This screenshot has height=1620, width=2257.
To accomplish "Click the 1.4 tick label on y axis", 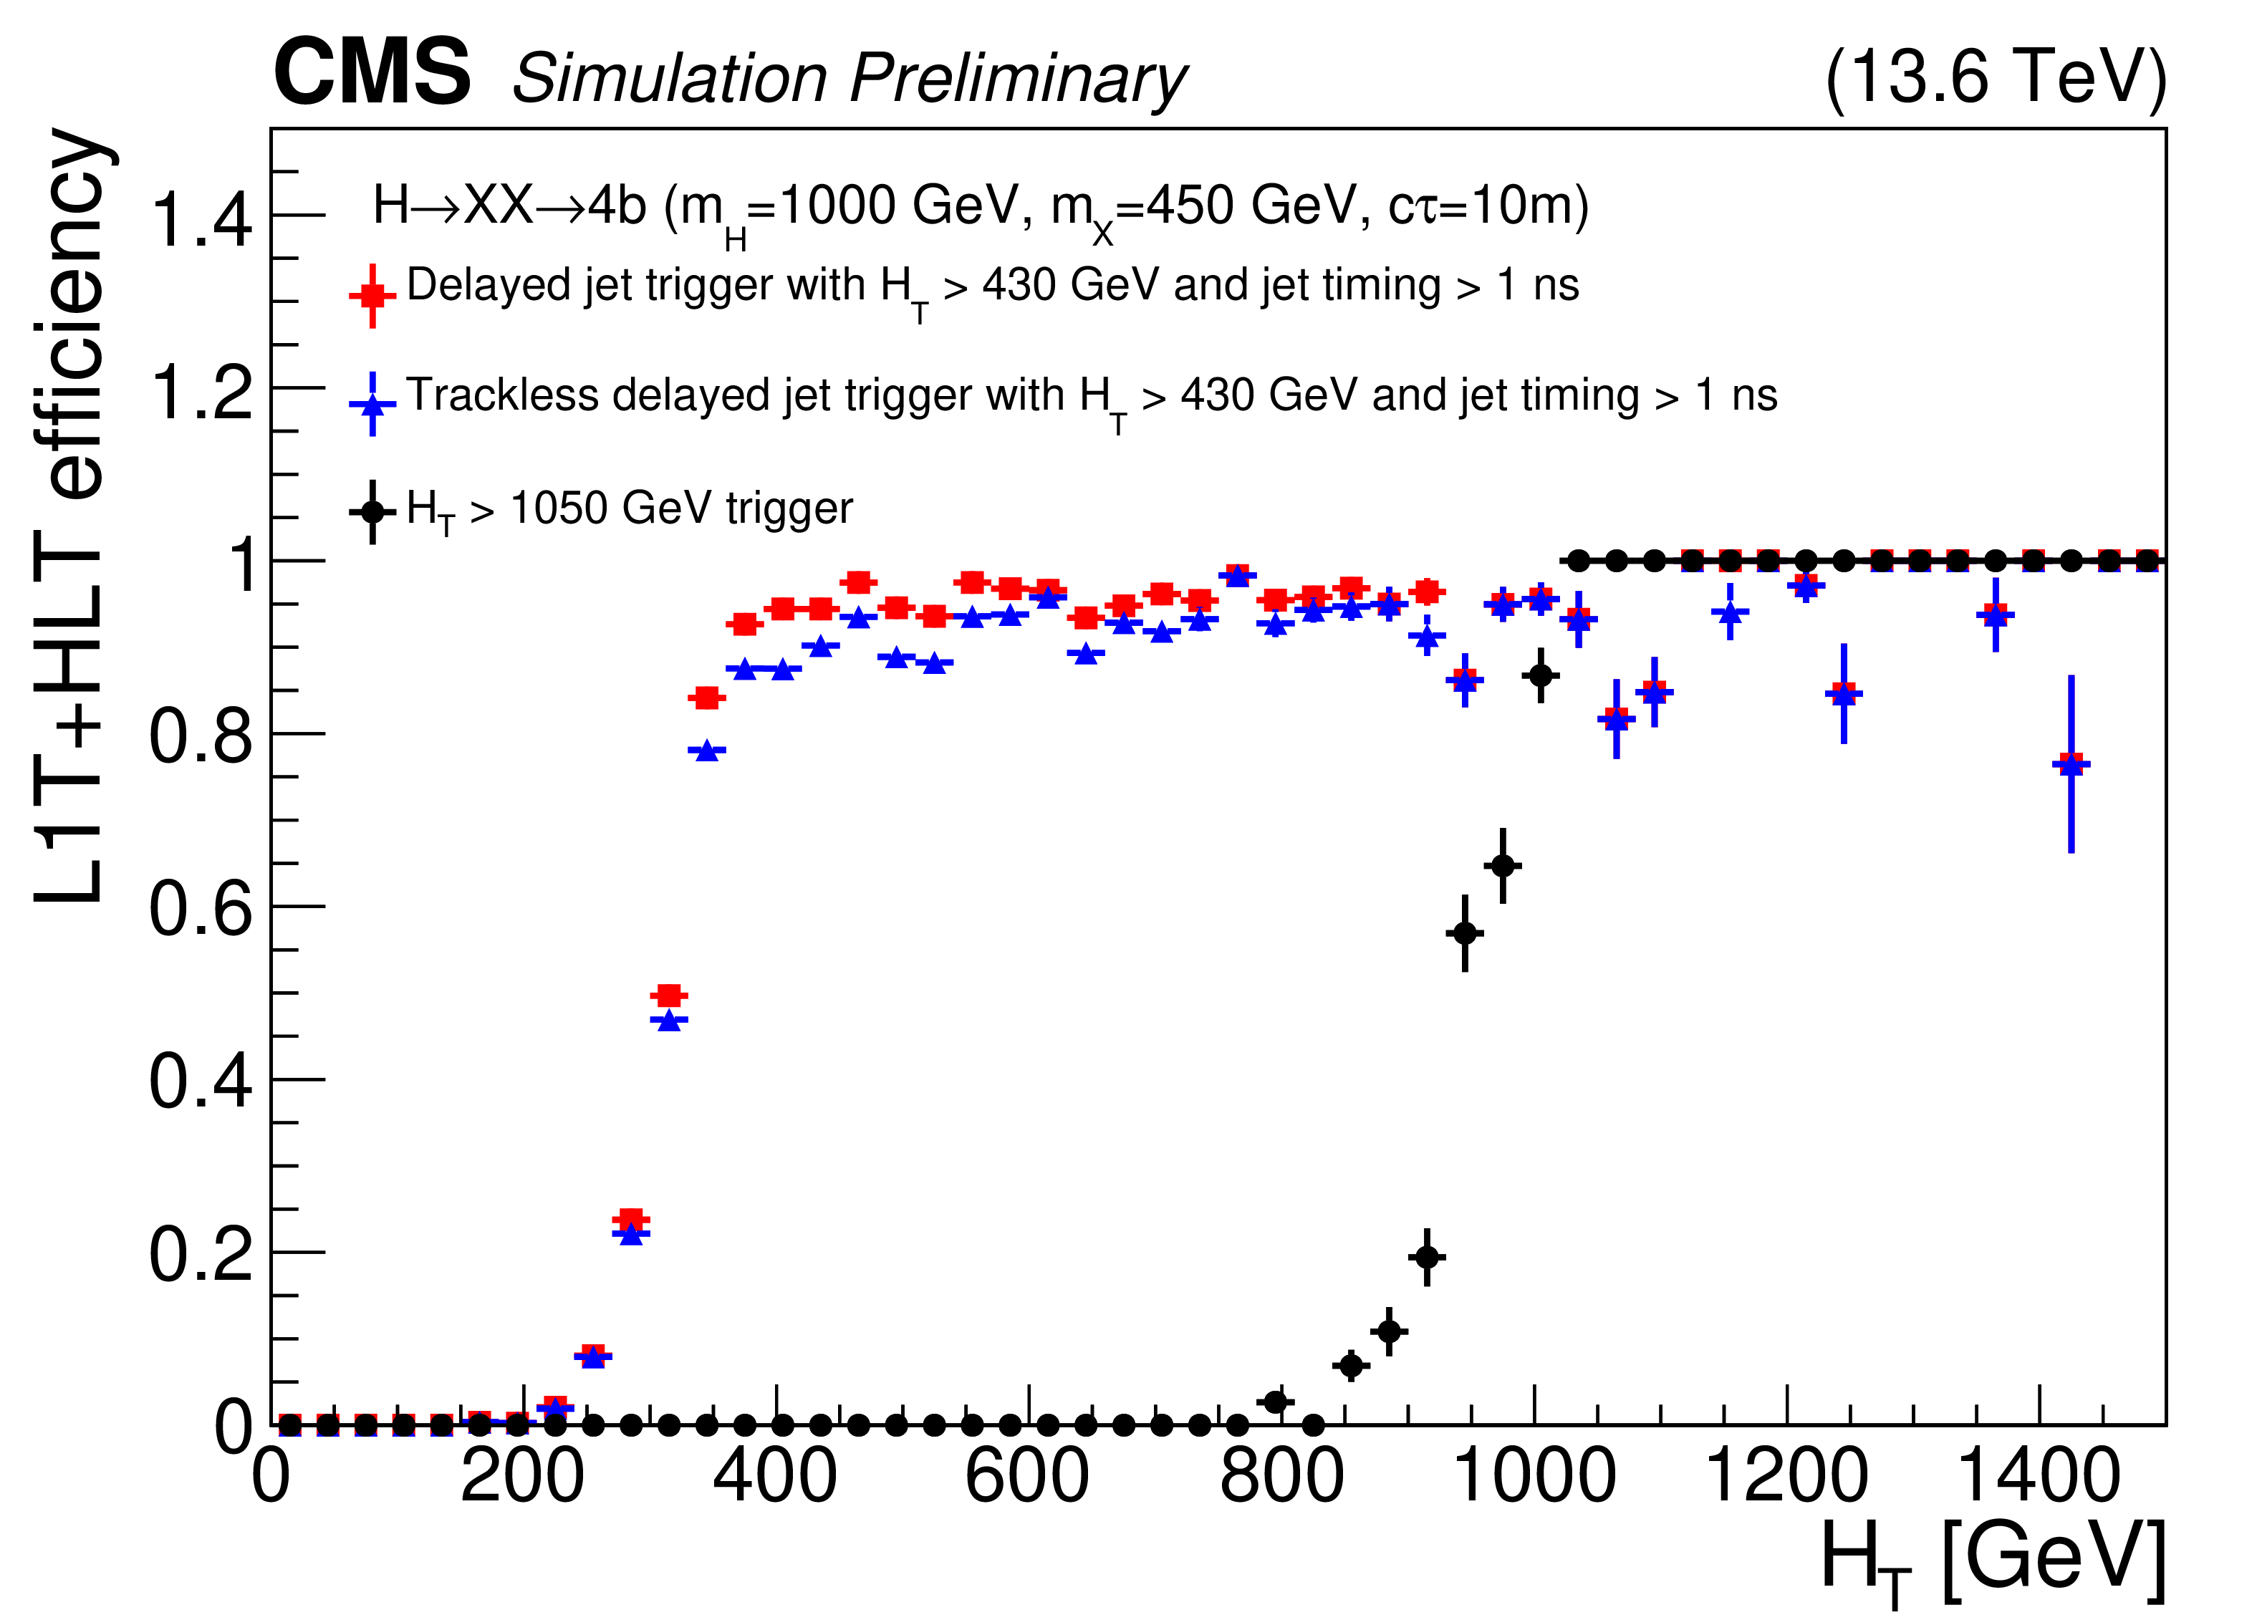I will [x=201, y=219].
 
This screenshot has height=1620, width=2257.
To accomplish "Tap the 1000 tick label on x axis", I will [x=1534, y=1477].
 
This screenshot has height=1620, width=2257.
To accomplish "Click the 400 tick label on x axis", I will [x=774, y=1477].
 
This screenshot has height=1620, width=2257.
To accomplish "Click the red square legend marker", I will [x=372, y=296].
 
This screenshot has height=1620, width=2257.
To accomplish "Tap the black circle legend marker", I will [x=372, y=511].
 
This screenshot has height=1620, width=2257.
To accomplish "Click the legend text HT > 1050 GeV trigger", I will [x=630, y=509].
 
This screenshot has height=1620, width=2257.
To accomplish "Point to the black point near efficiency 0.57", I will [x=1465, y=933].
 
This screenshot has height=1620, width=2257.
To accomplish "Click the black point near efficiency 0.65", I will [x=1503, y=866].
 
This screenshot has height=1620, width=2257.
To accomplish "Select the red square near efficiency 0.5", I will [x=669, y=996].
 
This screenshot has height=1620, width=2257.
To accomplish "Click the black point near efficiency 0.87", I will [x=1541, y=675].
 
